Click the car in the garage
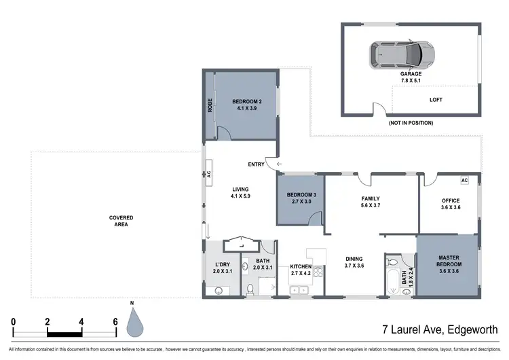pyautogui.click(x=402, y=52)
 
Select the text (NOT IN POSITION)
pyautogui.click(x=410, y=123)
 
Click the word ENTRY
pyautogui.click(x=257, y=164)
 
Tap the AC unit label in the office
pyautogui.click(x=464, y=181)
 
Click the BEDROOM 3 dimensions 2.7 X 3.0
pyautogui.click(x=300, y=202)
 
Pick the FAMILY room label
pyautogui.click(x=370, y=199)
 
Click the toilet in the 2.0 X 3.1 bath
pyautogui.click(x=250, y=289)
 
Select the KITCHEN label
pyautogui.click(x=300, y=266)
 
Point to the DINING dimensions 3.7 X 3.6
pyautogui.click(x=353, y=266)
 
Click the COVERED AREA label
pyautogui.click(x=121, y=221)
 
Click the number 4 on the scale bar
pyautogui.click(x=81, y=321)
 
